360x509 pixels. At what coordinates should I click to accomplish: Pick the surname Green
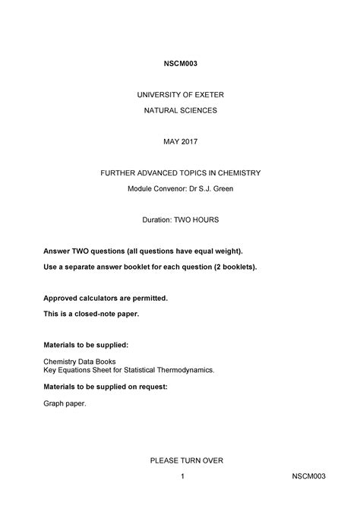coord(222,187)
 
